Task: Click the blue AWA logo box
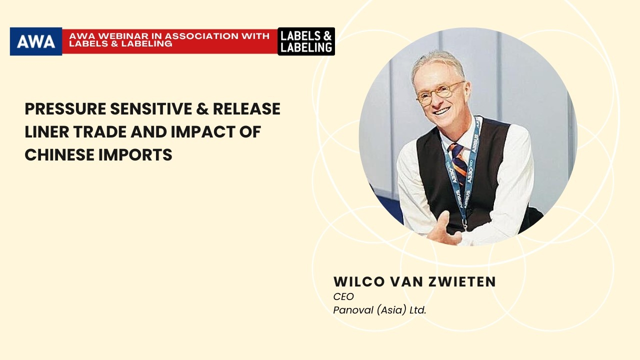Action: (36, 41)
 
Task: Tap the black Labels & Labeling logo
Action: (306, 41)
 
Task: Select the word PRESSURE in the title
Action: (65, 109)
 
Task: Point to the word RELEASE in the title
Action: (247, 109)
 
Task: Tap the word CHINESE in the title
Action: (59, 155)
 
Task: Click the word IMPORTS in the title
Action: (135, 155)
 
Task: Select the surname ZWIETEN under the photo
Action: (462, 281)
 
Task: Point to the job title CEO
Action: (343, 296)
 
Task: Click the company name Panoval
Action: (353, 310)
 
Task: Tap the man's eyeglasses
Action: (439, 92)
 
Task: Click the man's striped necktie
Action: (458, 161)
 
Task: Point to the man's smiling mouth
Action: (442, 111)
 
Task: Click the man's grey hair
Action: (437, 63)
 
